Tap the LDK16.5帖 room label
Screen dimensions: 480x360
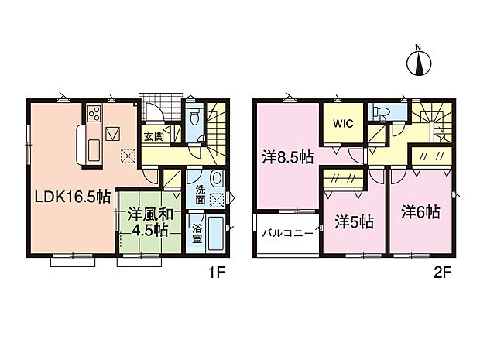pyautogui.click(x=73, y=197)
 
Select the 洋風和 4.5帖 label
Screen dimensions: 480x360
pyautogui.click(x=150, y=222)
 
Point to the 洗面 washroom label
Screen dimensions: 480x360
pyautogui.click(x=201, y=194)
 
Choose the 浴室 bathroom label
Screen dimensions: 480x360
pyautogui.click(x=197, y=234)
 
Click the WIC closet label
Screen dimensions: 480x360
pyautogui.click(x=343, y=124)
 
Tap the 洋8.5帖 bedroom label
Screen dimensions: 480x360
pyautogui.click(x=287, y=157)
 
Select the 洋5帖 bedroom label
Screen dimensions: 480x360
pyautogui.click(x=354, y=222)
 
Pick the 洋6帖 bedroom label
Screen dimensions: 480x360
pyautogui.click(x=421, y=212)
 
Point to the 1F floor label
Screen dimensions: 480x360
pyautogui.click(x=217, y=273)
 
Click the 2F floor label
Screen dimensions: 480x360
pyautogui.click(x=443, y=273)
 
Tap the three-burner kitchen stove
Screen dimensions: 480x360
pyautogui.click(x=94, y=113)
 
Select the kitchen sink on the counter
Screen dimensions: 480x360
pyautogui.click(x=94, y=150)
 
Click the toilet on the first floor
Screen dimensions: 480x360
pyautogui.click(x=194, y=115)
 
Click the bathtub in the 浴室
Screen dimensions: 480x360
pyautogui.click(x=216, y=233)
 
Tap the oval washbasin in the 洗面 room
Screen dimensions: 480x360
pyautogui.click(x=217, y=178)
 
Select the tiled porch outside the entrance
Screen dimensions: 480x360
pyautogui.click(x=161, y=108)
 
